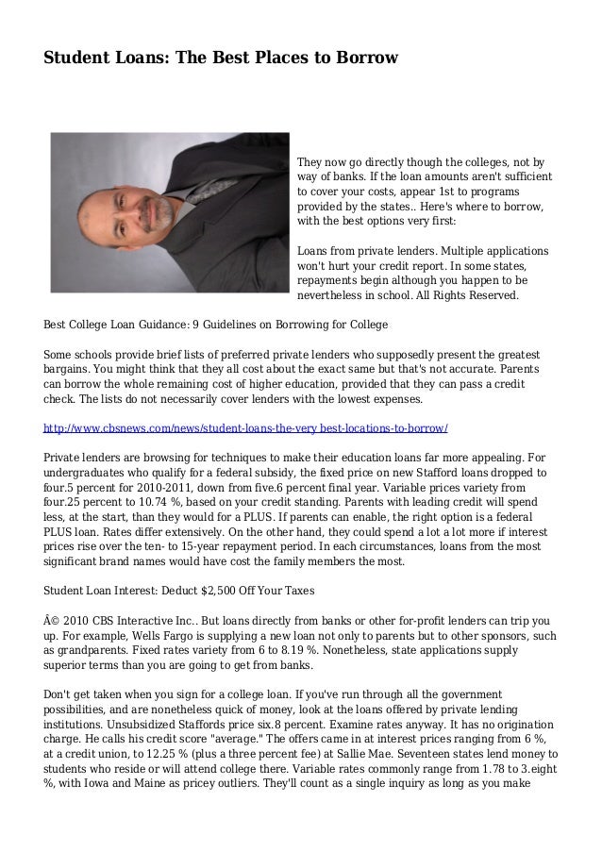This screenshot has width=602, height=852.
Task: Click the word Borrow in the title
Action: point(366,58)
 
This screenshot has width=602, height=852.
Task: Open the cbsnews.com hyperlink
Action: point(245,427)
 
